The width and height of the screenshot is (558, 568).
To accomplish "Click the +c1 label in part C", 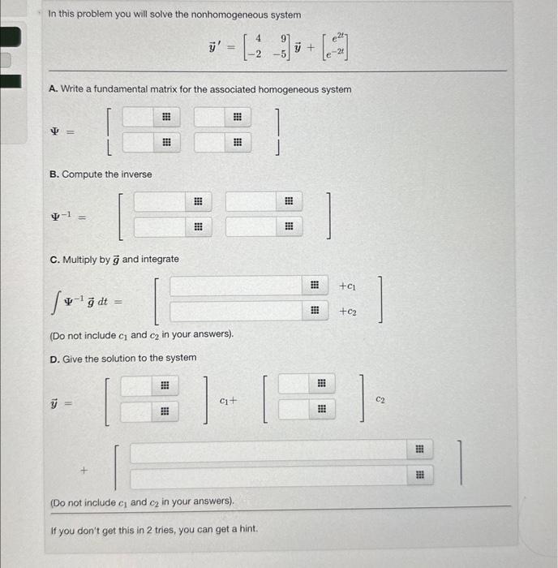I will pos(347,286).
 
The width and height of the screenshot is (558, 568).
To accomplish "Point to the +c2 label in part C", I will pos(347,311).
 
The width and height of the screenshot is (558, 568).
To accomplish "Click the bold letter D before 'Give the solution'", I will pos(53,358).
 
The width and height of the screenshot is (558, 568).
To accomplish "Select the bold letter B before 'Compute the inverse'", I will pos(53,174).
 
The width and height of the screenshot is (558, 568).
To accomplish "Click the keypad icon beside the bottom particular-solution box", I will pos(420,477).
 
